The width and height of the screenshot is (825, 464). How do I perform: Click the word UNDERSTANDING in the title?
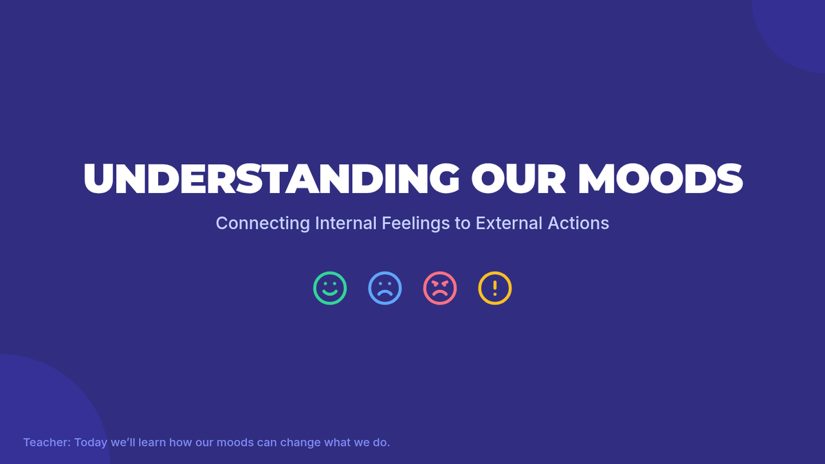[272, 178]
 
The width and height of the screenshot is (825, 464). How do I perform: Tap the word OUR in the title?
[518, 178]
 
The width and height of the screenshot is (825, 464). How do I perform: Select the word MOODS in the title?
[660, 178]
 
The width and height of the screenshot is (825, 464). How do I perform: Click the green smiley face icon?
[330, 288]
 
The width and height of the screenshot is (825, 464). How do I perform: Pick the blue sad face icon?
[385, 288]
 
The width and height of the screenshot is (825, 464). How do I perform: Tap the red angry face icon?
[440, 288]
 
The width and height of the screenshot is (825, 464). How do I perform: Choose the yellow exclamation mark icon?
[495, 288]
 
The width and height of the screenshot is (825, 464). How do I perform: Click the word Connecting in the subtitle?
[263, 223]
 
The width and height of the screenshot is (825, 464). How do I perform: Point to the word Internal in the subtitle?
[345, 223]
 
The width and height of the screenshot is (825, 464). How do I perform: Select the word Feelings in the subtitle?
[415, 223]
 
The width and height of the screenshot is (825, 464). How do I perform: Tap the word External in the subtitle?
[509, 223]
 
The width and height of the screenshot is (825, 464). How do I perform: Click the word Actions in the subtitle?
[578, 223]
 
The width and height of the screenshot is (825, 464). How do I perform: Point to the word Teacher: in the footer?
[47, 442]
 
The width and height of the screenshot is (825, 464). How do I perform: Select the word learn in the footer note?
[152, 442]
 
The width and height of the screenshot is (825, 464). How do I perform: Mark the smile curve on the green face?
[330, 293]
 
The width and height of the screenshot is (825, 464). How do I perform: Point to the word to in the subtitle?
[463, 223]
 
